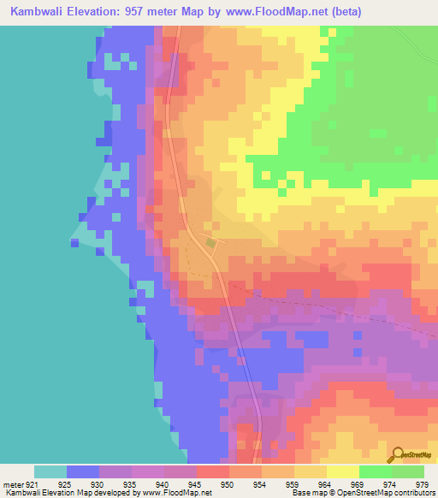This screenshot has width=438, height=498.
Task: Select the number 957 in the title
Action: (x=144, y=12)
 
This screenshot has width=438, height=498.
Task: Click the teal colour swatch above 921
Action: (x=50, y=471)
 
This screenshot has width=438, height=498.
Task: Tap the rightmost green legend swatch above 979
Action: (x=408, y=471)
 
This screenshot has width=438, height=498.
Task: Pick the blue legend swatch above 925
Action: (x=83, y=471)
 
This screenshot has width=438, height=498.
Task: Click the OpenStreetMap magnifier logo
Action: (x=396, y=455)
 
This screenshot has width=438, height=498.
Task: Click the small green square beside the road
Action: (x=210, y=243)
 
